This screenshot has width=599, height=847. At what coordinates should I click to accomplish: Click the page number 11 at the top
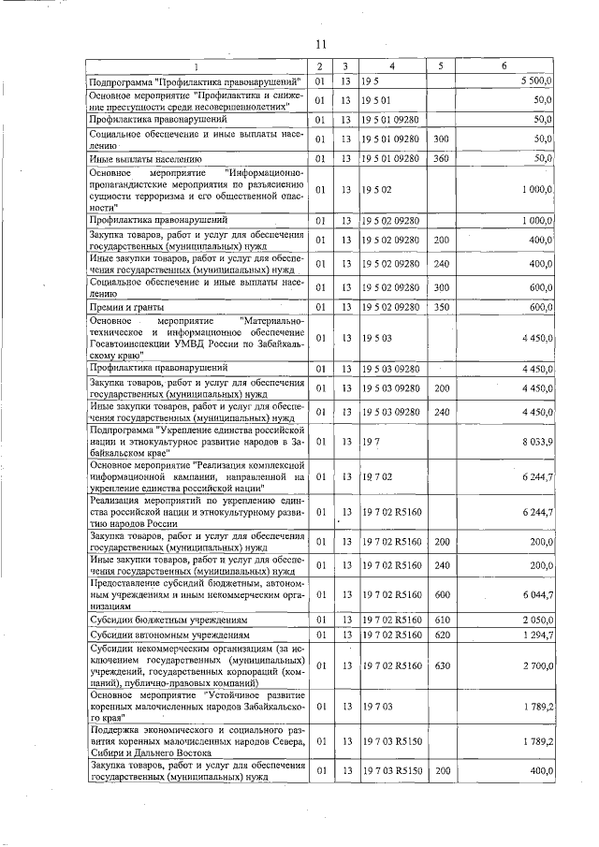pos(319,44)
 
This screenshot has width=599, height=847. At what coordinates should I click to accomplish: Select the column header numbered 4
pos(392,66)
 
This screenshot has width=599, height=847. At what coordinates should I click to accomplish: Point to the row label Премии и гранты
pos(126,307)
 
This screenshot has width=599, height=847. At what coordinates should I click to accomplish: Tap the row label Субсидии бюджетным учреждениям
pos(168,620)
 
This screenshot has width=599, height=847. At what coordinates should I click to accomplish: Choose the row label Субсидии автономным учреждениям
pos(168,636)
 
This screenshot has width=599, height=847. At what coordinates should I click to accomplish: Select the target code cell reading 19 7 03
pos(376,704)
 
